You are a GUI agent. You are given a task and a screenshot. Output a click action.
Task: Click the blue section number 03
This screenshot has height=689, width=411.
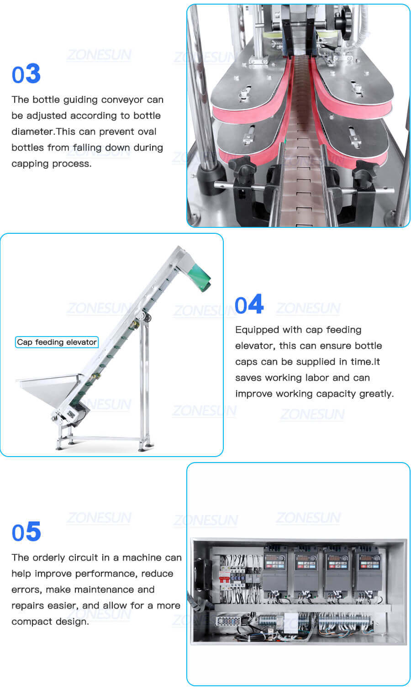point(26,74)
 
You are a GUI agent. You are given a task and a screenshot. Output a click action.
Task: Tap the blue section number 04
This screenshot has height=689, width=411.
point(249,305)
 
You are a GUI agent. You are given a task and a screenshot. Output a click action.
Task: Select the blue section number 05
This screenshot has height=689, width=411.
point(26,532)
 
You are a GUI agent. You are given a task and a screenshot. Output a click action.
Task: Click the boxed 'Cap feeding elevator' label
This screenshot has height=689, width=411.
point(57,342)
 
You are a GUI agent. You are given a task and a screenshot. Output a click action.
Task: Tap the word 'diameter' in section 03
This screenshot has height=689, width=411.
point(32,132)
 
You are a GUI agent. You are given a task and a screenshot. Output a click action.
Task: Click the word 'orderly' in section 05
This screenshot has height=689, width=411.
point(48,558)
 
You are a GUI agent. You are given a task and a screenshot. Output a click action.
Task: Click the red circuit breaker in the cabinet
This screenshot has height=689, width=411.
point(224,578)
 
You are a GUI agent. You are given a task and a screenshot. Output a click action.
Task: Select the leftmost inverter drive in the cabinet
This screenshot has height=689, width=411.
point(275,568)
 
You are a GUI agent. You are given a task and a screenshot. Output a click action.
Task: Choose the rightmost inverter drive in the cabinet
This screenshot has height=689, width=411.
point(368,568)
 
